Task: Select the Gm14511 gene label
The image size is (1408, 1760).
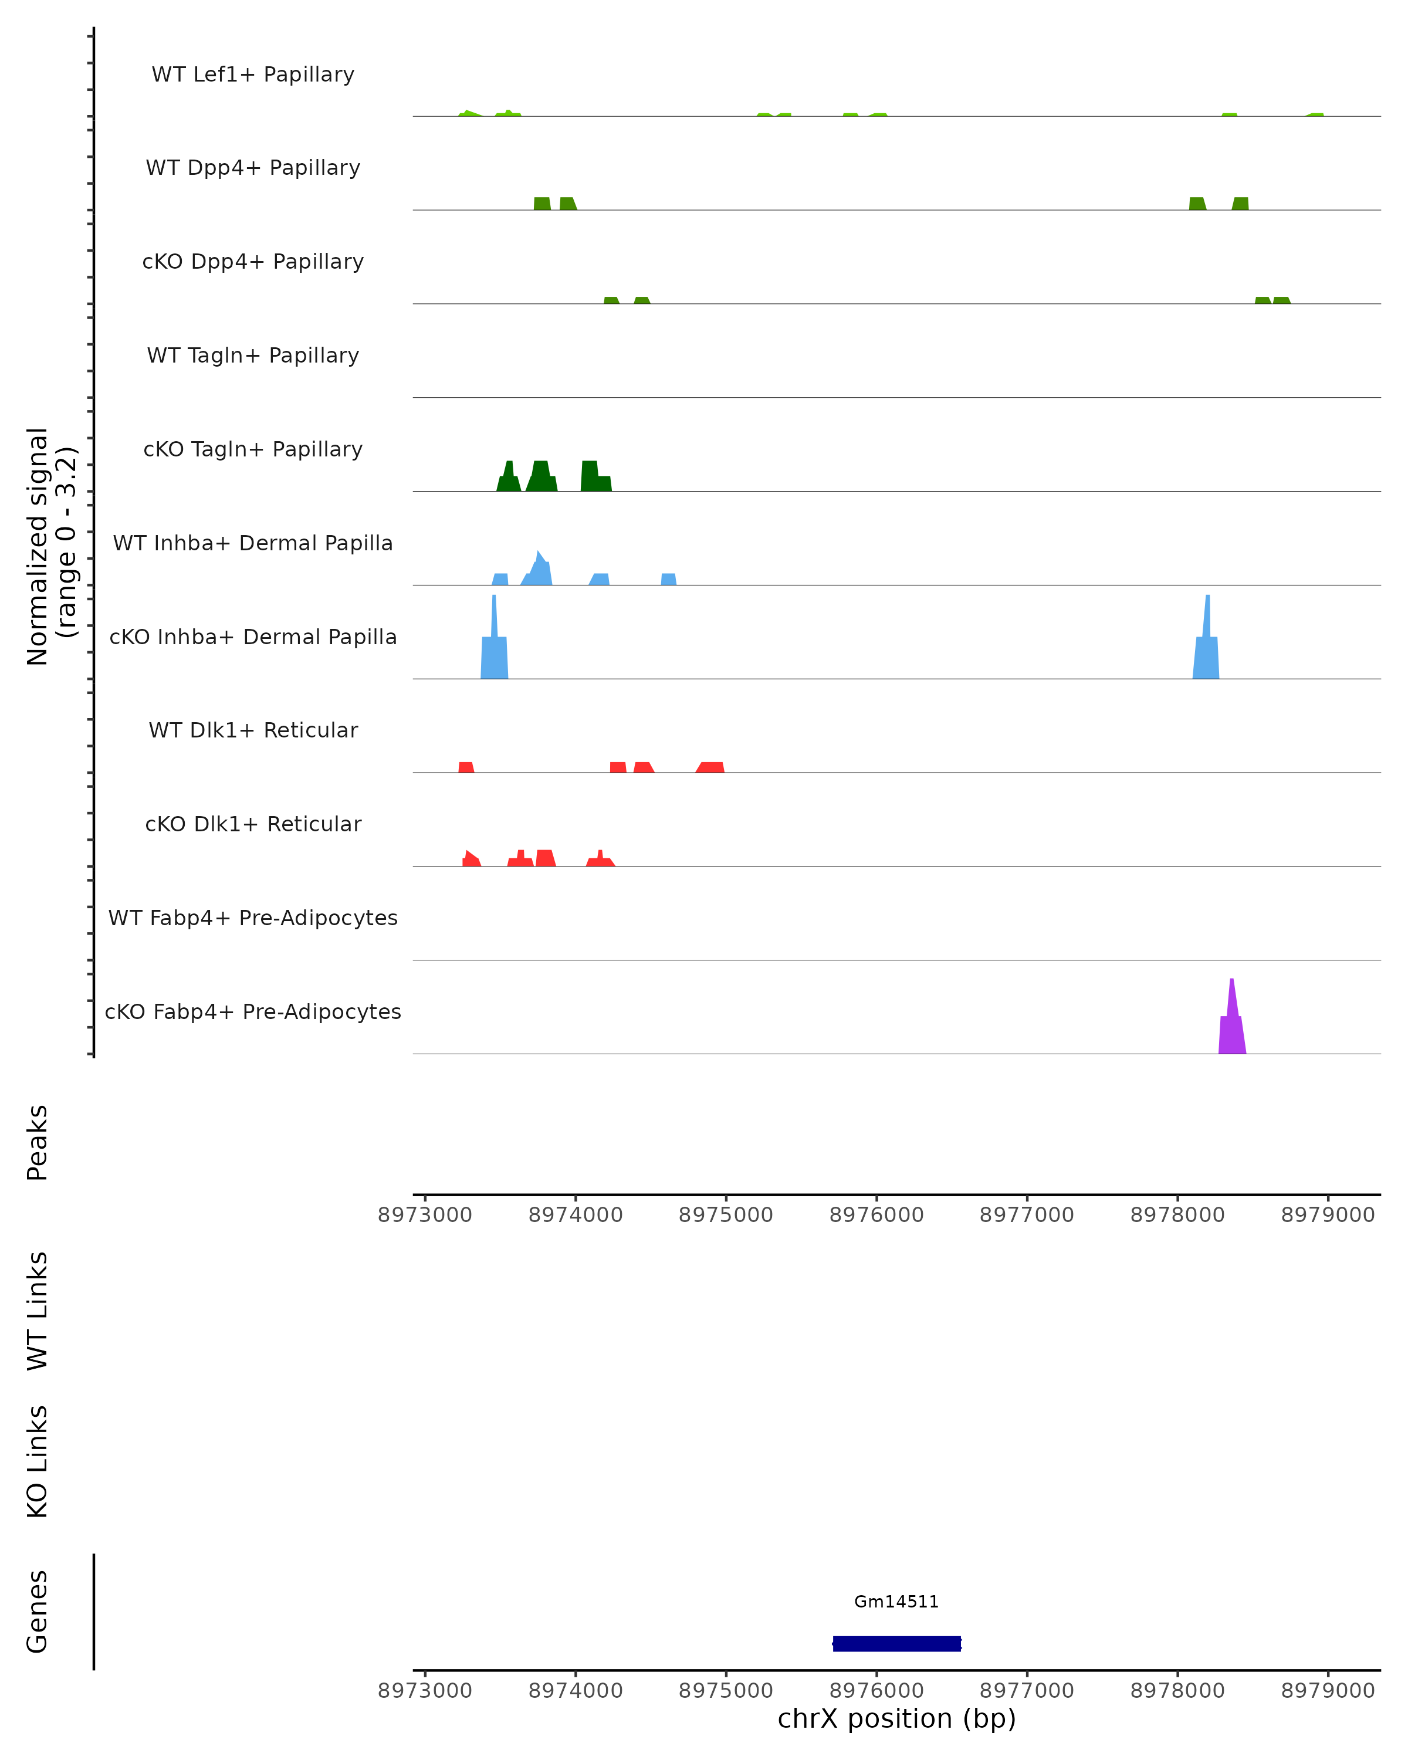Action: pos(896,1602)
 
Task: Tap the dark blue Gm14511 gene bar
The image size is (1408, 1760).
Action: pos(896,1643)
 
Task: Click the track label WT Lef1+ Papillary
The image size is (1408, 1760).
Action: pos(253,75)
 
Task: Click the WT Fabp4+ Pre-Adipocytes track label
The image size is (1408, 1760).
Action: pos(253,918)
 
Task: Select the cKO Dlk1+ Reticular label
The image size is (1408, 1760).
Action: pos(253,824)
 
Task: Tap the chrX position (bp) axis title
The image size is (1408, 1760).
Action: pos(896,1718)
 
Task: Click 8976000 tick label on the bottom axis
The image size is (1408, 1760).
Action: pos(876,1691)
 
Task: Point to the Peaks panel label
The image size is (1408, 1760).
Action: pos(38,1142)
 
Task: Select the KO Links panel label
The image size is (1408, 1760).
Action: pos(38,1462)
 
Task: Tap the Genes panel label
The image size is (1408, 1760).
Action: pos(38,1612)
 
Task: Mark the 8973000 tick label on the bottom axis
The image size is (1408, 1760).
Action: pos(424,1691)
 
